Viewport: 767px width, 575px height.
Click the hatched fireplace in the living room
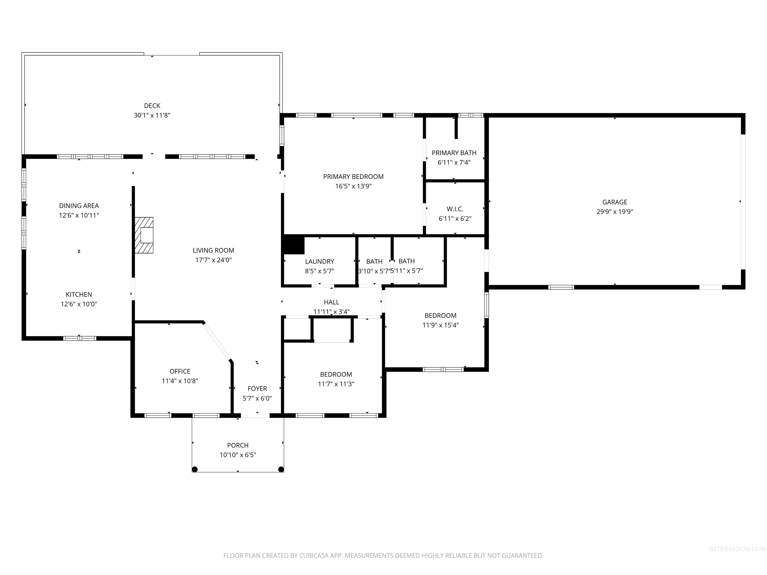144,235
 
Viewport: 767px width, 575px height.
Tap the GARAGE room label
614,202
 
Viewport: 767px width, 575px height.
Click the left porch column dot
195,469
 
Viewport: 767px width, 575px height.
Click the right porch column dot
281,469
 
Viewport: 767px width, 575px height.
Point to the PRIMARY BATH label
454,153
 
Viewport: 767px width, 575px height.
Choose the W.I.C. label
455,209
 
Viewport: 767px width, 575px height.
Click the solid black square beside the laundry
294,245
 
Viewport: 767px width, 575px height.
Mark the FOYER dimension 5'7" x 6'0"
257,399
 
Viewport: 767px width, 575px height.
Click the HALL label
332,302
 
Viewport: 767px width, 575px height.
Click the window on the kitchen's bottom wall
79,338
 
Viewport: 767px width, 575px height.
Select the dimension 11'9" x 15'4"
440,325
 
